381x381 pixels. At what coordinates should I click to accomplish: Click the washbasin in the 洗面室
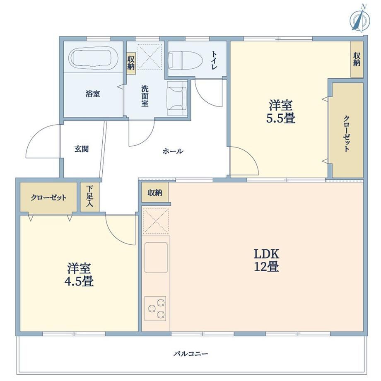pyautogui.click(x=177, y=98)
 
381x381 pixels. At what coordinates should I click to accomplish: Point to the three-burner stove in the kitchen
pyautogui.click(x=155, y=309)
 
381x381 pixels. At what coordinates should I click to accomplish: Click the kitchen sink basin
pyautogui.click(x=156, y=258)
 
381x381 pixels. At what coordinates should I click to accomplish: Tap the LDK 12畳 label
pyautogui.click(x=267, y=260)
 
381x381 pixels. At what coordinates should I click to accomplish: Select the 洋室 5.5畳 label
pyautogui.click(x=281, y=112)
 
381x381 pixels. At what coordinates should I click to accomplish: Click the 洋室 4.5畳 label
pyautogui.click(x=79, y=275)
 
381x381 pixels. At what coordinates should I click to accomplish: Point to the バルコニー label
pyautogui.click(x=191, y=354)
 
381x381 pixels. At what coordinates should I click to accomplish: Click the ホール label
pyautogui.click(x=173, y=152)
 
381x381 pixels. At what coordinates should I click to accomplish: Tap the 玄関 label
pyautogui.click(x=82, y=149)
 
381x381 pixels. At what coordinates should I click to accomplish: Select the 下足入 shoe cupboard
pyautogui.click(x=90, y=197)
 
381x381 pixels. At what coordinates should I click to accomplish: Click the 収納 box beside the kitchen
pyautogui.click(x=155, y=192)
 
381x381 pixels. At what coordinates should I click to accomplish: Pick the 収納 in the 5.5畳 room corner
pyautogui.click(x=357, y=59)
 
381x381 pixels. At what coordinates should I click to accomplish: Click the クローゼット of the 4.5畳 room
pyautogui.click(x=48, y=197)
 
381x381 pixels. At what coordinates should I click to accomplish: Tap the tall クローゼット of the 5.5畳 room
pyautogui.click(x=347, y=130)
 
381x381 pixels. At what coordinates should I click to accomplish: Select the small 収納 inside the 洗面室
pyautogui.click(x=131, y=63)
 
